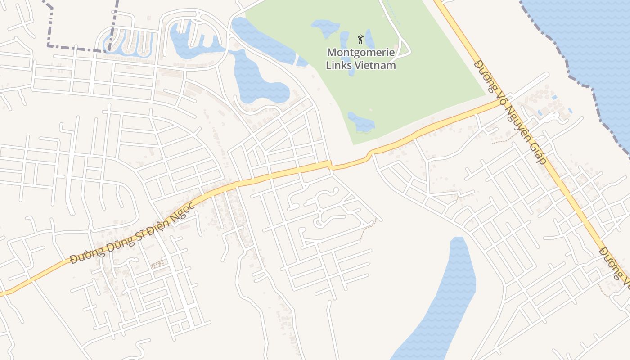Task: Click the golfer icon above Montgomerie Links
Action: coord(360,39)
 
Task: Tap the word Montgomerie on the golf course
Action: coord(361,52)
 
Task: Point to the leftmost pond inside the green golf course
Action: coord(325,28)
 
